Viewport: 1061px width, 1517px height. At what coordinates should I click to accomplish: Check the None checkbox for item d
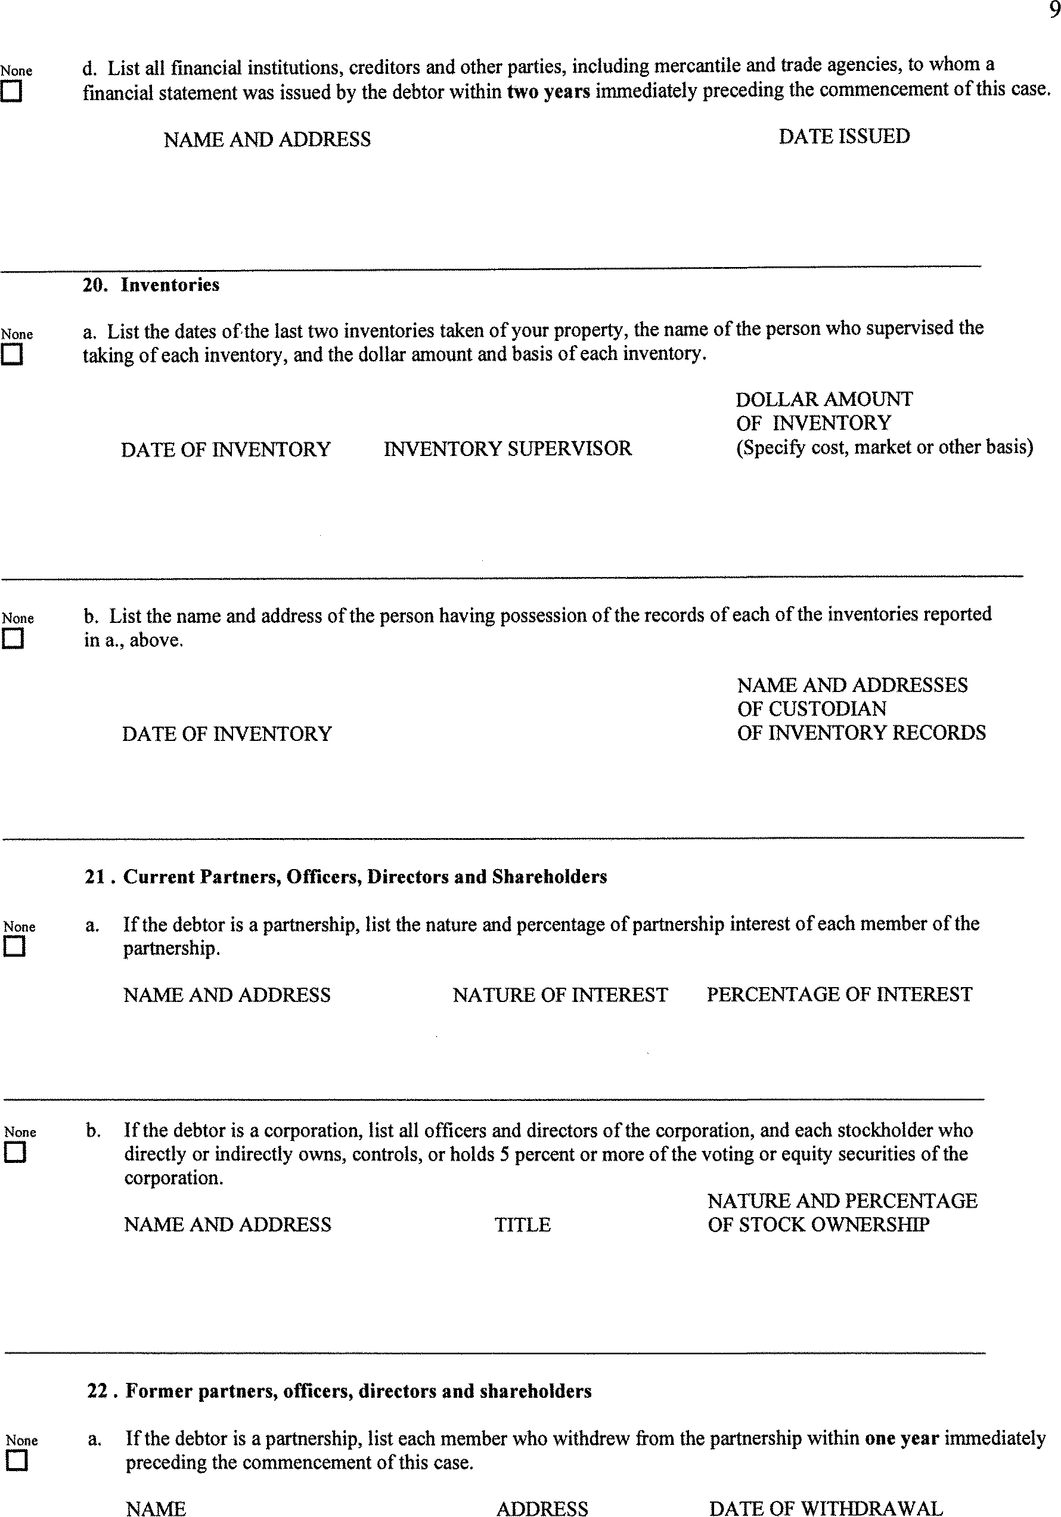11,92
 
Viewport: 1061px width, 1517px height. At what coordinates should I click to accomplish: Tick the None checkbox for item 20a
11,355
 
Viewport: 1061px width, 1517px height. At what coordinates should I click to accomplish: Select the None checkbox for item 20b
13,639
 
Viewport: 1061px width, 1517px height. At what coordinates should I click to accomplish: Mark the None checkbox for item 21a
14,947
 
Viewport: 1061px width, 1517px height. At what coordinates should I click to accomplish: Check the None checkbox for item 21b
14,1152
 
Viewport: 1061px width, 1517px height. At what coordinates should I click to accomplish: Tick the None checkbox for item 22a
17,1460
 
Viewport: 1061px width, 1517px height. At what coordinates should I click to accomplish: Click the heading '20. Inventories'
151,285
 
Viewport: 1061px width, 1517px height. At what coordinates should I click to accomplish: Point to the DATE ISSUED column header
843,136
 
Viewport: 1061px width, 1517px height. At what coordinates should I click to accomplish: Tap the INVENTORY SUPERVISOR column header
507,449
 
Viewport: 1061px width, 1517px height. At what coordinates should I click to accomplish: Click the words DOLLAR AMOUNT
824,399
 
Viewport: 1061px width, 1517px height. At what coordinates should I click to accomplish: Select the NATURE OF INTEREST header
560,994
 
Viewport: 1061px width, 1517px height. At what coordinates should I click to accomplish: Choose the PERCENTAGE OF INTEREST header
839,994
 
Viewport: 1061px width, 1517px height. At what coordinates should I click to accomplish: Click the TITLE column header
523,1224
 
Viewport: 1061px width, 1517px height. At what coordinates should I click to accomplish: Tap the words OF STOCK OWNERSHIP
818,1224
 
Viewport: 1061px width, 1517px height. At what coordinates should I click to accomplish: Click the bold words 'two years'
548,91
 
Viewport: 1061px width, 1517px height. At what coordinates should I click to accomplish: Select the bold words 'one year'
901,1438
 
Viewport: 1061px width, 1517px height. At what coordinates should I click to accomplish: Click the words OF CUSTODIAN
811,709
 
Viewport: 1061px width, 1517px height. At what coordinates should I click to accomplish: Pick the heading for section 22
339,1391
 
